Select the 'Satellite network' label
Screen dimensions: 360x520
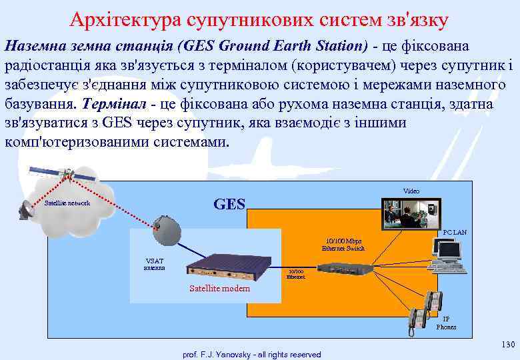(67, 203)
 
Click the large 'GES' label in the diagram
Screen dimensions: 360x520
(229, 204)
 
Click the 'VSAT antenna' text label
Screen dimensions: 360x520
(154, 264)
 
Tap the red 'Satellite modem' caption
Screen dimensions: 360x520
(219, 289)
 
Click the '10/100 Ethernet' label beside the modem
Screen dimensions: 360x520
(295, 274)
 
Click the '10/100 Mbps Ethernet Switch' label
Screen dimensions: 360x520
(343, 245)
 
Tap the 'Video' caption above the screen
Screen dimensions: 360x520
(411, 191)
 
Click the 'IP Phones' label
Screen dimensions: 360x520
(446, 323)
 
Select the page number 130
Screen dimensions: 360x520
(507, 344)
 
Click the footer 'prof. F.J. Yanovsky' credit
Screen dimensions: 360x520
(251, 355)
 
